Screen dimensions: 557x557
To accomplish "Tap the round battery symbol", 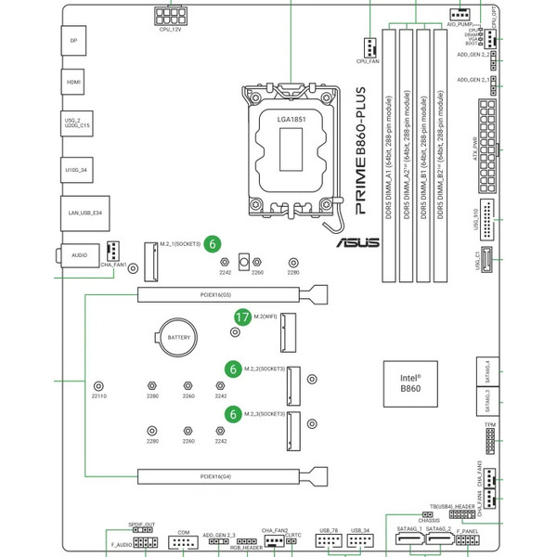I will pyautogui.click(x=177, y=339).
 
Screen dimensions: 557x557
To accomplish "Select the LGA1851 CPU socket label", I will pyautogui.click(x=291, y=119).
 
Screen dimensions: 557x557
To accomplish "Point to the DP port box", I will pyautogui.click(x=73, y=41).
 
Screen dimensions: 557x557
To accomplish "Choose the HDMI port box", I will pyautogui.click(x=73, y=82).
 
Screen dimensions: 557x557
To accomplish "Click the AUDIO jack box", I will pyautogui.click(x=78, y=253).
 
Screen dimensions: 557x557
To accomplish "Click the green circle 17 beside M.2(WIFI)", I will pyautogui.click(x=241, y=317).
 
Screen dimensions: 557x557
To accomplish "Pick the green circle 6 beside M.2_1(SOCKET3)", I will pyautogui.click(x=213, y=243).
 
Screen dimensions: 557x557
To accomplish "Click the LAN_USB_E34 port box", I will pyautogui.click(x=79, y=213).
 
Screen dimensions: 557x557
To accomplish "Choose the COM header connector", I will pyautogui.click(x=184, y=542).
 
